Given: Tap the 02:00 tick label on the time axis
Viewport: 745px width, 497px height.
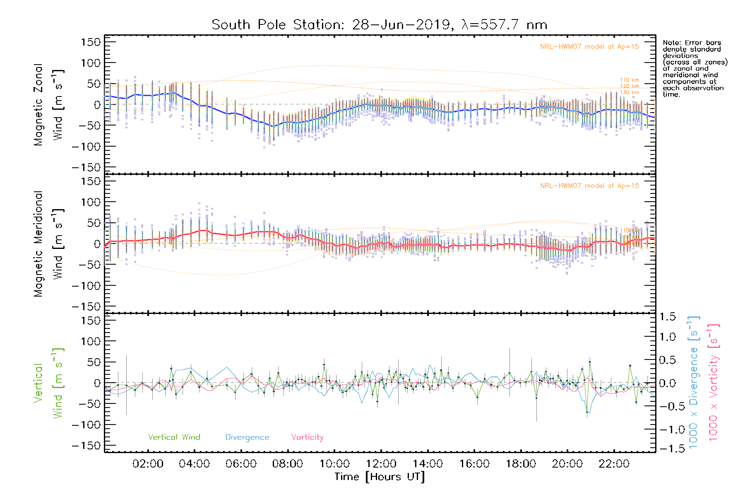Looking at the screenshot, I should [x=148, y=464].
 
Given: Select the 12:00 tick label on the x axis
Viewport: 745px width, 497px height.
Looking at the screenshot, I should [x=381, y=464].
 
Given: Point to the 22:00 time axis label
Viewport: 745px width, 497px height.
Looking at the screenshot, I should [x=614, y=464].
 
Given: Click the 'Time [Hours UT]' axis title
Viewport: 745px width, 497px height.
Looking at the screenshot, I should [x=380, y=477].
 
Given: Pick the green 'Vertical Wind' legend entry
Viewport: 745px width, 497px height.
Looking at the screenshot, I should [x=174, y=437].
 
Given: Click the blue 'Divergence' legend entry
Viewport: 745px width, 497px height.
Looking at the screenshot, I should [x=247, y=437].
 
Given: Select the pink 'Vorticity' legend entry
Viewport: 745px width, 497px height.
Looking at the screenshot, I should [x=307, y=437].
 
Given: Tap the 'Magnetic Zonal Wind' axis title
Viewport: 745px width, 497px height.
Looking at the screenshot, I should [x=48, y=105].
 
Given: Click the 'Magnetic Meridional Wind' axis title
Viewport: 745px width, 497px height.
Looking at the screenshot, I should [x=48, y=244].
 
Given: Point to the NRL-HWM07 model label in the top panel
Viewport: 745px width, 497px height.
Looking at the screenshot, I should [x=589, y=47].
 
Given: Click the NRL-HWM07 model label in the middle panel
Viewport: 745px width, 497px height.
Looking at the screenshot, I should [x=589, y=186].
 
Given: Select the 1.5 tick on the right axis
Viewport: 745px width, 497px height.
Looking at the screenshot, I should [x=667, y=317].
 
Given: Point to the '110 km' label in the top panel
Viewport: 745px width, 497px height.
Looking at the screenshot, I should [x=629, y=80].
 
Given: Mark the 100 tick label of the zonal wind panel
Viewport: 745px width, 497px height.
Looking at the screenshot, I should [x=91, y=63].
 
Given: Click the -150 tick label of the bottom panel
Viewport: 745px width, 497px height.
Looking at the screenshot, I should [x=86, y=446].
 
